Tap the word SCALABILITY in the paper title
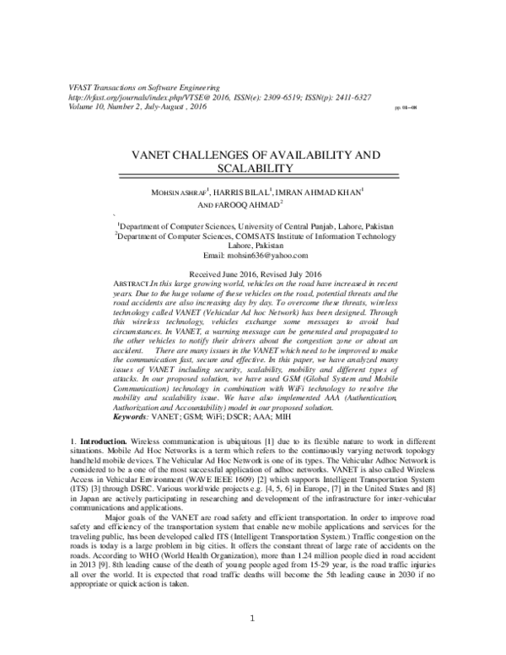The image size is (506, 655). point(252,170)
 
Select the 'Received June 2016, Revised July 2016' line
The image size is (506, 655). point(253,275)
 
